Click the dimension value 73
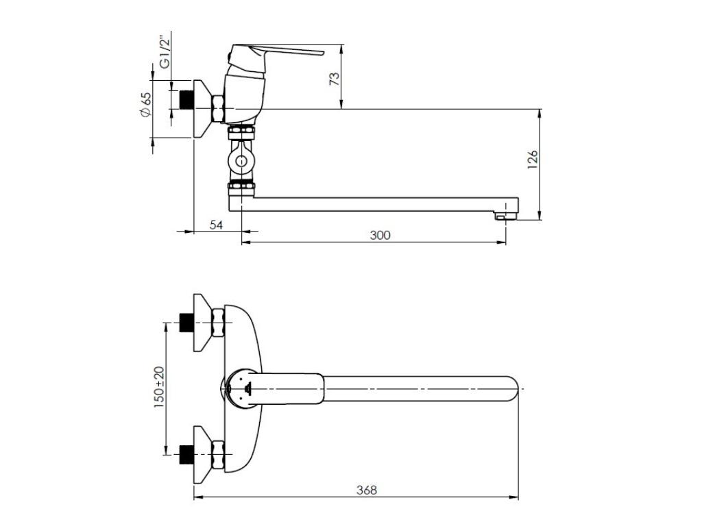coord(335,78)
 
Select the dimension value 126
coord(533,158)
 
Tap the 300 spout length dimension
coord(380,235)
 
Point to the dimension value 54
coord(217,225)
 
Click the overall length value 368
coord(367,490)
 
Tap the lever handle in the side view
coord(288,52)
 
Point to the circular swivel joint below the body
coord(241,162)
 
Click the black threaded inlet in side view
coord(184,99)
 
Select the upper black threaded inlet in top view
coord(184,322)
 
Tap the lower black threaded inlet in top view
coord(184,452)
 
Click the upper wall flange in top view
coord(202,323)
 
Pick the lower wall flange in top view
coord(202,452)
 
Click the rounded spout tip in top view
coord(511,388)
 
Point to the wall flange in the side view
coord(202,109)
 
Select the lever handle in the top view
coord(288,388)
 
